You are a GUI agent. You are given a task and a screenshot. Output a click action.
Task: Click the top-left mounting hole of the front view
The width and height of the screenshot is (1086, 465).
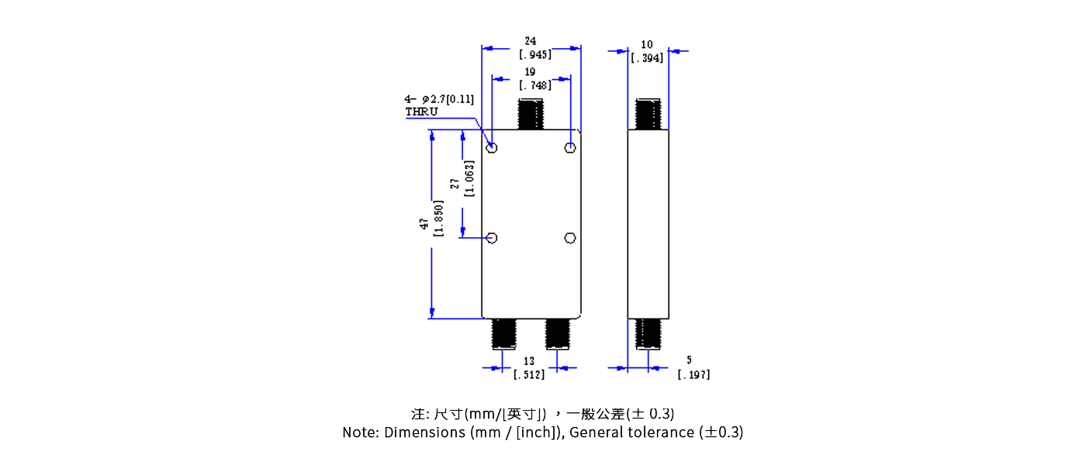(x=492, y=147)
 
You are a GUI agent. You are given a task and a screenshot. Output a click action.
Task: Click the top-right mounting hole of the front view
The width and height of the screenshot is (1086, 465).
(x=570, y=147)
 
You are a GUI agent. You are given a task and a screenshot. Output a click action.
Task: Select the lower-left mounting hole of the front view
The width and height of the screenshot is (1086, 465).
(x=492, y=238)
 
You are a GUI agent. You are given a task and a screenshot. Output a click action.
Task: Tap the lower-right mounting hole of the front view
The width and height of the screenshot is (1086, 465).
(x=570, y=238)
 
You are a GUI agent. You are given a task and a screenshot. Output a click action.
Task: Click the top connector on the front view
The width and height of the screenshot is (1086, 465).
(x=531, y=114)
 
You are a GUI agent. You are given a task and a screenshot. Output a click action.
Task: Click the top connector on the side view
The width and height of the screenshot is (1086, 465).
(x=648, y=114)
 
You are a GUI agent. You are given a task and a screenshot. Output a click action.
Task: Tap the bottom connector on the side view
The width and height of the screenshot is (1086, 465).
(x=648, y=333)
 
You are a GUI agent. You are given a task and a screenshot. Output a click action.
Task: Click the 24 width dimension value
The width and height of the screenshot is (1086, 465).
(x=531, y=40)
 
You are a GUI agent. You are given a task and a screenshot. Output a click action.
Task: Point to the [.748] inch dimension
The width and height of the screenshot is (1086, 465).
(x=535, y=85)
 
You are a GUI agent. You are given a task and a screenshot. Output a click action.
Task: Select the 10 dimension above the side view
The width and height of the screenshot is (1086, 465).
(x=647, y=45)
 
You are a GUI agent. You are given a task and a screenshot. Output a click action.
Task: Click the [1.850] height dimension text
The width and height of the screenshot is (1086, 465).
(x=438, y=219)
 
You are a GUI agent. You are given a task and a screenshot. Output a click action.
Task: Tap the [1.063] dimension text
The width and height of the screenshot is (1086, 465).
(x=469, y=178)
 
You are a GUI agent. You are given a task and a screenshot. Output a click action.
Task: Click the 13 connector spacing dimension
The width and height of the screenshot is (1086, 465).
(x=529, y=361)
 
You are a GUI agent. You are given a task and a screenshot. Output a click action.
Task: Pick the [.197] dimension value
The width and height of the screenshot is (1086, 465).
(x=693, y=375)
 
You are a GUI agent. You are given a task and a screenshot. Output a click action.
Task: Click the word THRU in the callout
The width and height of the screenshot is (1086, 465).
(x=421, y=112)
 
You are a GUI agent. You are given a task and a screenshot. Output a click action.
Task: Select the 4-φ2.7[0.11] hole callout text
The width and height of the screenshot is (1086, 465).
(x=438, y=99)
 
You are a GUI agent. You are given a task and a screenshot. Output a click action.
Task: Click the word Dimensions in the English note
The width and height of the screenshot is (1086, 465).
(x=424, y=432)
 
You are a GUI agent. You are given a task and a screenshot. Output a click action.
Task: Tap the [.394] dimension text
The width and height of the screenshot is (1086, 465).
(x=647, y=58)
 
